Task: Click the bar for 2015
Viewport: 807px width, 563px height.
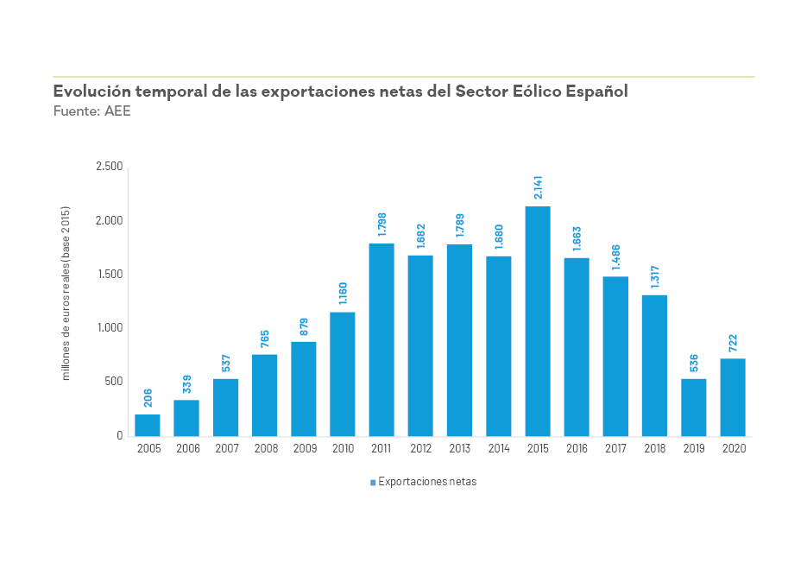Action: pyautogui.click(x=538, y=321)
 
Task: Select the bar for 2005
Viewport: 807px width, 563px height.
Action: pyautogui.click(x=148, y=425)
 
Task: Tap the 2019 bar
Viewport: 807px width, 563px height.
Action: pyautogui.click(x=694, y=408)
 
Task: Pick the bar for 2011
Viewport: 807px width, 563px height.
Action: pyautogui.click(x=381, y=339)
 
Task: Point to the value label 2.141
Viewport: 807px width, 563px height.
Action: pyautogui.click(x=538, y=188)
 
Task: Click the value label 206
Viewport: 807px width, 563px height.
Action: pyautogui.click(x=148, y=398)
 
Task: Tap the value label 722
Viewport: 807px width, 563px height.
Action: pyautogui.click(x=733, y=342)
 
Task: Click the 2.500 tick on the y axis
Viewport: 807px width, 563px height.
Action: pyautogui.click(x=110, y=167)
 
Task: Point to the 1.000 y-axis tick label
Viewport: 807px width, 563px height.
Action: pyautogui.click(x=110, y=328)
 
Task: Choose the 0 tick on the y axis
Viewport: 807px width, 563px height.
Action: pyautogui.click(x=120, y=436)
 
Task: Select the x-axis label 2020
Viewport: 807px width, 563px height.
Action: pyautogui.click(x=733, y=449)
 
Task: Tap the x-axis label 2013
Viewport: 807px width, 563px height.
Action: pyautogui.click(x=459, y=449)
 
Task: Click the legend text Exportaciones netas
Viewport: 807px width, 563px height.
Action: pyautogui.click(x=427, y=482)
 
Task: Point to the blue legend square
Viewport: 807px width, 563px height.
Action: pyautogui.click(x=373, y=483)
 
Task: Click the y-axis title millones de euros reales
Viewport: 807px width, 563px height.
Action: pyautogui.click(x=66, y=294)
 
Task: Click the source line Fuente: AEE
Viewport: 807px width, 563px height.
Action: pyautogui.click(x=91, y=111)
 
